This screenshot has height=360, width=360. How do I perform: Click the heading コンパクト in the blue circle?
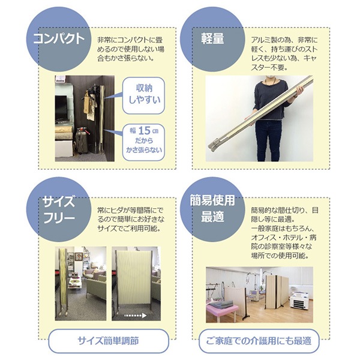point(59,38)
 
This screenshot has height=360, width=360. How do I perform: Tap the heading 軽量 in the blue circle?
point(212,38)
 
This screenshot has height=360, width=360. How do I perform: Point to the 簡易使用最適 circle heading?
point(212,208)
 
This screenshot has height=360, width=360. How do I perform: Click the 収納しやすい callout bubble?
point(144,95)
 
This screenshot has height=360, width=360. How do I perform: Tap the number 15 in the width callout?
point(144,131)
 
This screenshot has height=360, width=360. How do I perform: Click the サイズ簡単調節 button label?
point(109,341)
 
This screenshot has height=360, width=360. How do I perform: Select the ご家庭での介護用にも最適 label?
point(259,341)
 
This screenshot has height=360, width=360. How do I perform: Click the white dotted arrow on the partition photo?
point(135,316)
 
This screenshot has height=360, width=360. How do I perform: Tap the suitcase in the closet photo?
point(82,140)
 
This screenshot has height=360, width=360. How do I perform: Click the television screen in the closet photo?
point(61,108)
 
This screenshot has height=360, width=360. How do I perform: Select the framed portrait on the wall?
point(79,256)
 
